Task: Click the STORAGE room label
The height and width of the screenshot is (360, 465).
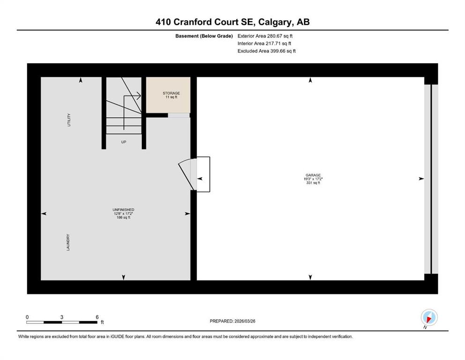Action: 171,93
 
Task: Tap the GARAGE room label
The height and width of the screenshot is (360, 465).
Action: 313,175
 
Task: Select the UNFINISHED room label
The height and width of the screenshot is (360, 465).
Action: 123,210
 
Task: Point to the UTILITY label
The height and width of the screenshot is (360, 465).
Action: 69,120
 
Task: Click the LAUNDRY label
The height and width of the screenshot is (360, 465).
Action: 68,242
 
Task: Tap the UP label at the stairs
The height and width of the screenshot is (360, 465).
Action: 124,142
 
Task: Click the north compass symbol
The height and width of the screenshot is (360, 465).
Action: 429,317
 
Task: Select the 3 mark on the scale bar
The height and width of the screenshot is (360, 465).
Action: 62,317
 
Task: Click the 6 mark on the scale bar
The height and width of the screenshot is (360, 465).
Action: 97,317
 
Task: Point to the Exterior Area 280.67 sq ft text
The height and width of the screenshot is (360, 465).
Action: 265,36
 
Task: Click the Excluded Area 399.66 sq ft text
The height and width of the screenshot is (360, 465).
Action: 266,51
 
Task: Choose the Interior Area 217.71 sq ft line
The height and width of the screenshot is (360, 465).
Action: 264,43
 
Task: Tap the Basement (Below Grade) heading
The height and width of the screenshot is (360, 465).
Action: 204,36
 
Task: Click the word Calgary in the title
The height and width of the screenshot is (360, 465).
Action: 274,22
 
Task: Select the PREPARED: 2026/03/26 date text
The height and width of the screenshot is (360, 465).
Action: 232,321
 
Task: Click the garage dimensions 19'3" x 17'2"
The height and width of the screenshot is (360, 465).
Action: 313,179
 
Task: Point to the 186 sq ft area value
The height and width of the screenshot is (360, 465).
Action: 123,217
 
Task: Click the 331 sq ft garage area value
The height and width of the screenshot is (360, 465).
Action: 313,183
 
